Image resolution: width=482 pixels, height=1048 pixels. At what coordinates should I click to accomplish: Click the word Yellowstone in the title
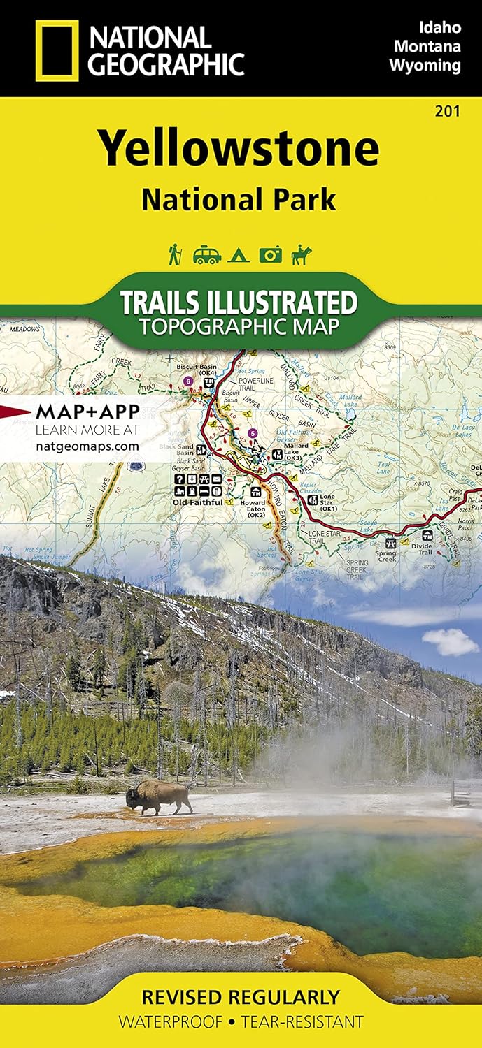tap(239, 148)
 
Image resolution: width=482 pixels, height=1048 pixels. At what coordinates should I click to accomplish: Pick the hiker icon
tap(175, 254)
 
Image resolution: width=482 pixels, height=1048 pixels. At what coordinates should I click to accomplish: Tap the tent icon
tap(239, 255)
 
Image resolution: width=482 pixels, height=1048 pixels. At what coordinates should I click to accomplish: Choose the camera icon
tap(270, 255)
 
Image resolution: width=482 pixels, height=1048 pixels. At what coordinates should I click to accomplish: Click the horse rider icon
tap(302, 254)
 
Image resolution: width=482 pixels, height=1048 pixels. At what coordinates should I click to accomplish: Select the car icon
tap(207, 255)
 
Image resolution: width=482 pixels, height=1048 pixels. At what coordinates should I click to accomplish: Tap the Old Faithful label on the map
tap(197, 502)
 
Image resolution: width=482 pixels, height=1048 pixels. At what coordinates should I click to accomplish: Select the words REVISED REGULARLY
tap(241, 997)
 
